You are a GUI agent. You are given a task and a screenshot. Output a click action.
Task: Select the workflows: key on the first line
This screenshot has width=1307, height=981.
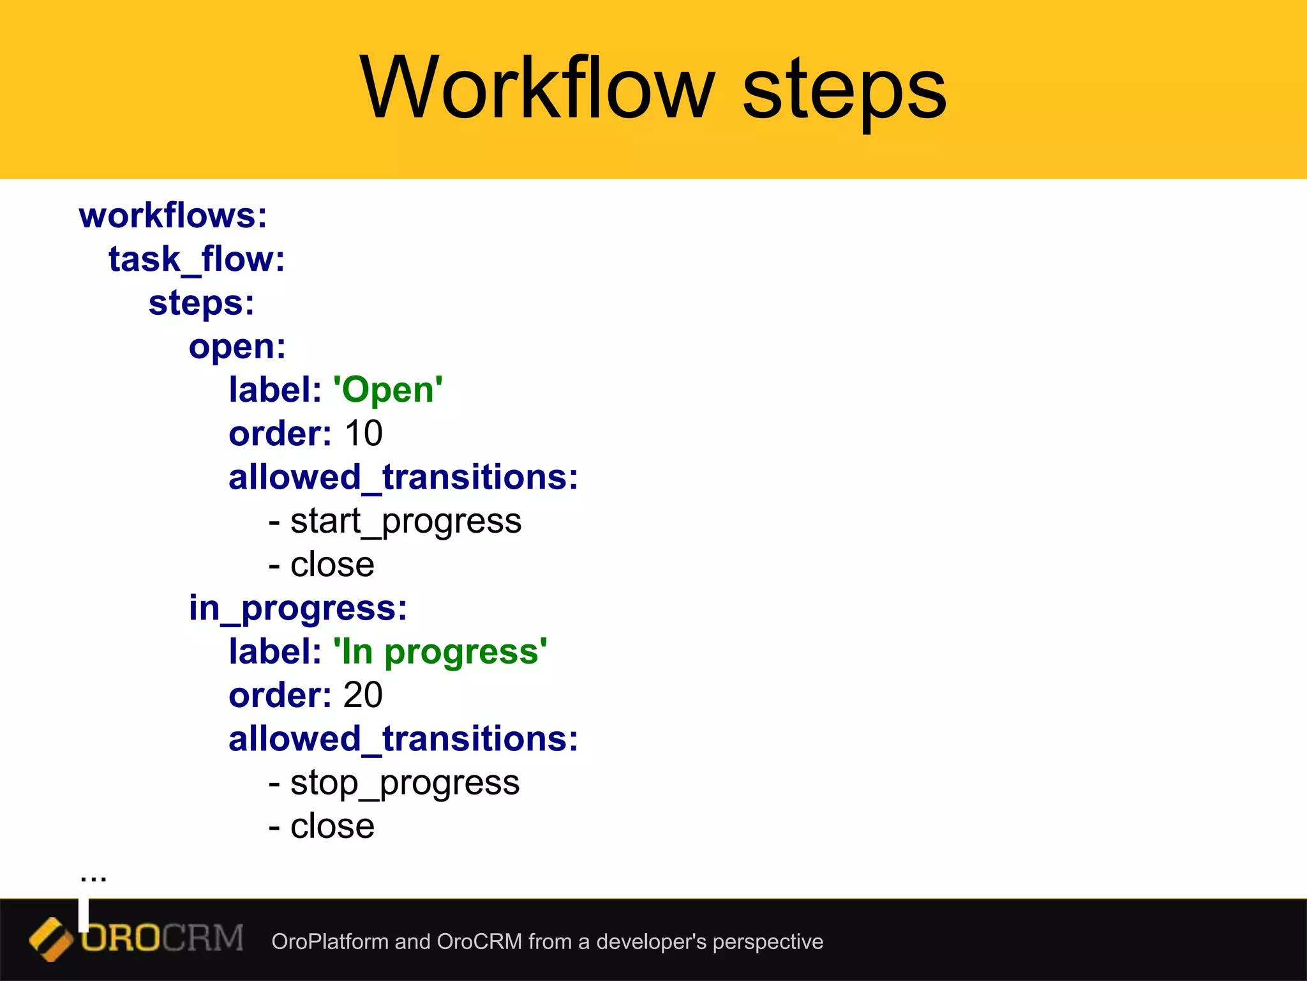173,216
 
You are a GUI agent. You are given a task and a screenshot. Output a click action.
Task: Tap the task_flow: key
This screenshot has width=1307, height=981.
197,259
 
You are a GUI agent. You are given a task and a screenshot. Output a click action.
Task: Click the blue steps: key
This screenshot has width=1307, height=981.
201,303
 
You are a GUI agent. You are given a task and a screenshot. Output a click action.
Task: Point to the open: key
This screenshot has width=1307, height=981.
237,347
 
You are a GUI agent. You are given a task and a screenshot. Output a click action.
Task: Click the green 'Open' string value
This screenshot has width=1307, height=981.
388,390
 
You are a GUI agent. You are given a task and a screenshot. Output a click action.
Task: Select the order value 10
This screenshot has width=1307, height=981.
363,433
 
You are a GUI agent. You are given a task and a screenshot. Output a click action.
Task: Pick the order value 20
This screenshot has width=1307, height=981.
362,695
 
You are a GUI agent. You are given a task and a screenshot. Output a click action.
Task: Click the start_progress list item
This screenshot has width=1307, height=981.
405,521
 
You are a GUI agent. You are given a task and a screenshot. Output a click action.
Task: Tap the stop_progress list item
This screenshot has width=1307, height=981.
404,783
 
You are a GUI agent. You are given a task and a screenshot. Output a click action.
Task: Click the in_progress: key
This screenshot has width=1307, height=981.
297,608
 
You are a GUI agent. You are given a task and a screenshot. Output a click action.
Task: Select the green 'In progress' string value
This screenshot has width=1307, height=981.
440,651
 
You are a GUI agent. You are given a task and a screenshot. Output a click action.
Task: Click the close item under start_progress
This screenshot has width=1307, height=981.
332,565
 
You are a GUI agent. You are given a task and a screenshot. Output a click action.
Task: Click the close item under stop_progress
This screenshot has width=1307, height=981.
332,826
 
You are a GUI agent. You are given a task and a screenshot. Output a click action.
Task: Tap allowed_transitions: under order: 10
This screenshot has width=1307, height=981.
403,478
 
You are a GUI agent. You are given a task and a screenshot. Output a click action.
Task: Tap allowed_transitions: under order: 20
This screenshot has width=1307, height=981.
403,739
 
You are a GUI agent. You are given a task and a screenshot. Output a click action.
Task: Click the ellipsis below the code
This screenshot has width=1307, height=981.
93,876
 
